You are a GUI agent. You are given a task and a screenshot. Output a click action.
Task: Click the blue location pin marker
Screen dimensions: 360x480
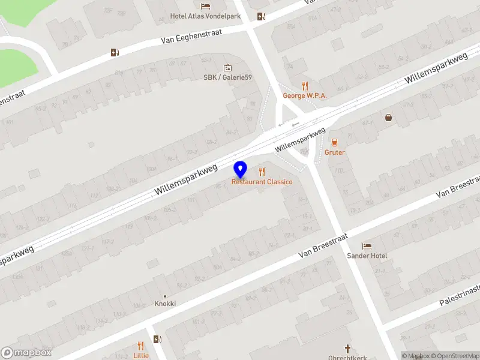coord(241,169)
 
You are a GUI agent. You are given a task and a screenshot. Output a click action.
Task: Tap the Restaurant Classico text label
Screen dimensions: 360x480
coord(262,182)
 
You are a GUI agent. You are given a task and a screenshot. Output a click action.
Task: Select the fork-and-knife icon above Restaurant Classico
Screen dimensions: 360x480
coord(262,172)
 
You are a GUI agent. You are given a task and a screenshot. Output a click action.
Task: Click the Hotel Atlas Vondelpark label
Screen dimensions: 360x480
coord(205,16)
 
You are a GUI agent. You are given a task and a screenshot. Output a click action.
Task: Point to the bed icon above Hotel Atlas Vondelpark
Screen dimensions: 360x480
coord(205,6)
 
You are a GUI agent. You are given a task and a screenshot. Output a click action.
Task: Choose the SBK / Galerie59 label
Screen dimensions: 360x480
coord(227,77)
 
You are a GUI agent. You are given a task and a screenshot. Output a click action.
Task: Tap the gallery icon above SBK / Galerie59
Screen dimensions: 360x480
coord(227,68)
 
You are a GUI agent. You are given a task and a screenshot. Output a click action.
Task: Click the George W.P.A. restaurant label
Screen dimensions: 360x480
coord(304,95)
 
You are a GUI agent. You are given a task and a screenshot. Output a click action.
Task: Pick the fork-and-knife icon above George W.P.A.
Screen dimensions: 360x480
coord(304,85)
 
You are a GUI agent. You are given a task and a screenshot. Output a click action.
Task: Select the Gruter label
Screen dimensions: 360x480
coord(335,152)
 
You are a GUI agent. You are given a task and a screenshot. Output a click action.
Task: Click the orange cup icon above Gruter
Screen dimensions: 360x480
coord(334,142)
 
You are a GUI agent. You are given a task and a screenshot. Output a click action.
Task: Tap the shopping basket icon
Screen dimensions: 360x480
coord(389,118)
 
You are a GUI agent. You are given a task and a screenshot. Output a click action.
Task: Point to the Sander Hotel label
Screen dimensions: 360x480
coord(367,256)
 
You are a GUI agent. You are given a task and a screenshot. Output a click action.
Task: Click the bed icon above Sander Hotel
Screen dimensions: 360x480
coord(367,246)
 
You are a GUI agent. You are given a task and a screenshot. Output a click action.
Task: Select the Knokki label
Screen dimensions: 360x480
coord(165,304)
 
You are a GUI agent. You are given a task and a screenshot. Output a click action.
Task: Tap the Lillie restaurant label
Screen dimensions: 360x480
coord(141,355)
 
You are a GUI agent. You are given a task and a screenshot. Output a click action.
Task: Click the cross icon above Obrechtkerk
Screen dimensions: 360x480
coord(347,348)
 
